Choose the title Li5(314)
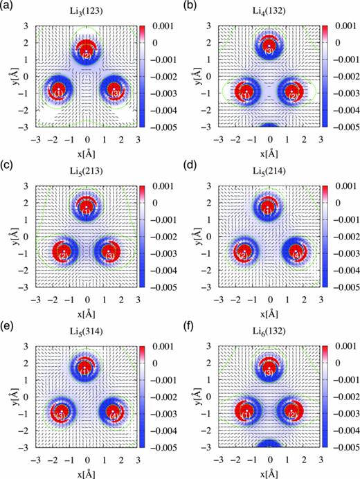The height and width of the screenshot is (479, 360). click(87, 332)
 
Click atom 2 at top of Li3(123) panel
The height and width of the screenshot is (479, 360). click(87, 55)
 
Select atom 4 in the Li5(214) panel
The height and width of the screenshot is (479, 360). click(296, 255)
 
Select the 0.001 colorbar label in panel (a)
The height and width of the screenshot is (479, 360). click(159, 26)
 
